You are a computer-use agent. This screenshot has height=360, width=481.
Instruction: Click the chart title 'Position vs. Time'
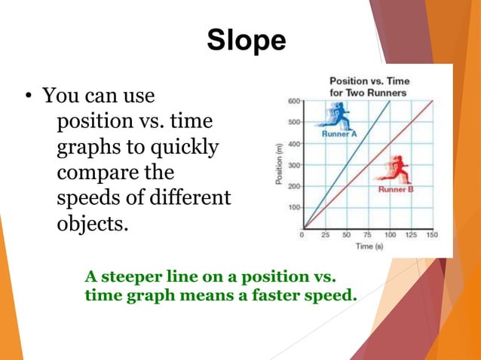tap(368, 81)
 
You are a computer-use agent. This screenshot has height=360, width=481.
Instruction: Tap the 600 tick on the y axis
tap(293, 99)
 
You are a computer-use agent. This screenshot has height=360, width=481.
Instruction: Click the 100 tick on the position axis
tap(293, 207)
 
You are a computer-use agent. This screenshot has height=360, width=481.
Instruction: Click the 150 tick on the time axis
tap(431, 234)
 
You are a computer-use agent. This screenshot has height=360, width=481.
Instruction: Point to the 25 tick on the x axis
tap(325, 234)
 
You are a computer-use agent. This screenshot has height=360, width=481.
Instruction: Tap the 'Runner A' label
tap(339, 133)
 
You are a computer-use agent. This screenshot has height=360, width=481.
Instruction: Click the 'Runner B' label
tap(394, 189)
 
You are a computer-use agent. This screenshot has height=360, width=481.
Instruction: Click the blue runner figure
tap(336, 115)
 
